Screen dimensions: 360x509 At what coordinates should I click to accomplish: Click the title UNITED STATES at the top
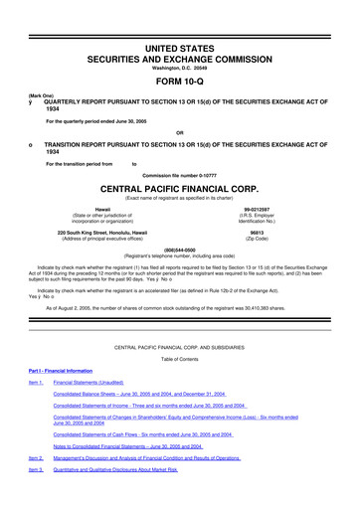click(x=179, y=20)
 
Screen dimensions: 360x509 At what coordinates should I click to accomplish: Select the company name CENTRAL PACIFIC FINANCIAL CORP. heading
click(x=179, y=185)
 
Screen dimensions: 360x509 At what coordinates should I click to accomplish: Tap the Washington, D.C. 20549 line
click(x=179, y=40)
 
